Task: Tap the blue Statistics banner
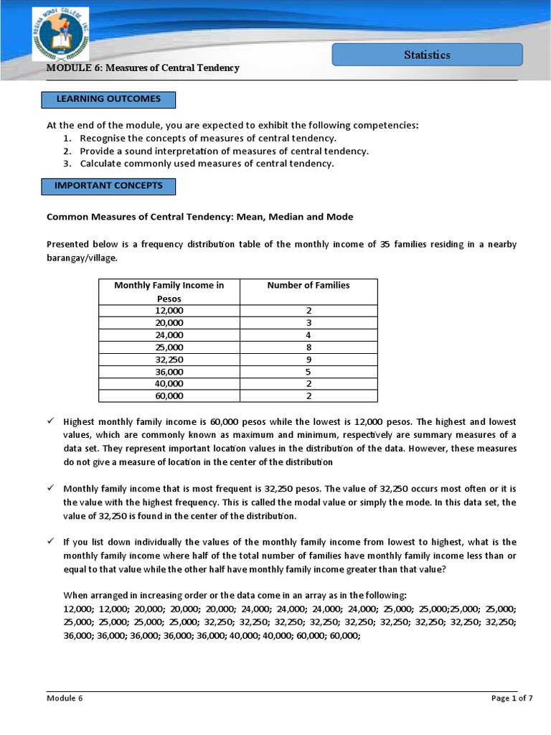pos(427,55)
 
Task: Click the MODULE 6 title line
pos(143,68)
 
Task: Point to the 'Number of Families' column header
pos(309,286)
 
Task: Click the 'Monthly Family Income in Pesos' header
pos(169,291)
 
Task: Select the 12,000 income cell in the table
pos(169,310)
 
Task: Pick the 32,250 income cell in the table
pos(169,360)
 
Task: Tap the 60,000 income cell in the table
pos(169,396)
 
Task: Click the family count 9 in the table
pos(309,360)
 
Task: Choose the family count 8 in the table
pos(309,347)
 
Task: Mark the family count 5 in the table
pos(309,372)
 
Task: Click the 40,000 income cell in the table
pos(169,384)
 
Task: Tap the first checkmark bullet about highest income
pos(51,421)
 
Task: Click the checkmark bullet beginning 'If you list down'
pos(51,542)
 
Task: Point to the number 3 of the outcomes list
pos(66,164)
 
